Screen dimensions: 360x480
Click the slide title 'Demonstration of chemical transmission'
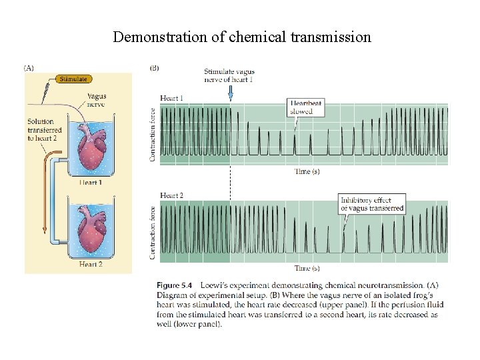pos(241,37)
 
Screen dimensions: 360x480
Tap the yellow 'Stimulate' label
pos(73,79)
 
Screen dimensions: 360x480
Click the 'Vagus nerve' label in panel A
pos(97,101)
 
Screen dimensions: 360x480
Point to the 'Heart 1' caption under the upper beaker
pos(91,183)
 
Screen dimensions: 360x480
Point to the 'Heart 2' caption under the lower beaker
pos(91,265)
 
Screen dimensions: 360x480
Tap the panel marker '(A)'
pos(30,67)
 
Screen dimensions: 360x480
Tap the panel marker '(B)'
pos(154,67)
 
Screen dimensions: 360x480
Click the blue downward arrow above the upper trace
pos(230,95)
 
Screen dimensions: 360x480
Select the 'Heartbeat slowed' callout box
pos(305,107)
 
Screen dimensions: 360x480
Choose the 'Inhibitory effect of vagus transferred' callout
pos(372,204)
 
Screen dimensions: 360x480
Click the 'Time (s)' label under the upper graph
pos(307,172)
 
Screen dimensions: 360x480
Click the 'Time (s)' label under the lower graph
pos(307,269)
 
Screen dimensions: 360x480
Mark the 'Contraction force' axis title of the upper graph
pos(153,135)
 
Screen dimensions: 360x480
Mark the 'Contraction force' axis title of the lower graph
pos(153,231)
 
